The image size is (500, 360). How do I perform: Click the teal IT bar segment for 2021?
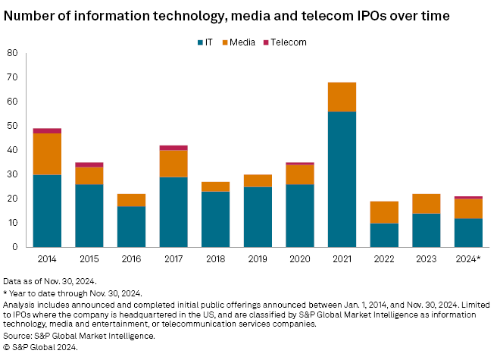pos(342,179)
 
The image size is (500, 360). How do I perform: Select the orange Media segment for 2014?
pos(47,154)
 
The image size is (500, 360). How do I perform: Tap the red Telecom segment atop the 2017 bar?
pos(173,148)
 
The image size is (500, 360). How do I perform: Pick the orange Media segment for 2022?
pos(383,211)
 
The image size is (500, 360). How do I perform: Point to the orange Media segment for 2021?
pos(342,97)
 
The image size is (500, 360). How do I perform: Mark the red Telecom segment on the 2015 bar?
pos(89,164)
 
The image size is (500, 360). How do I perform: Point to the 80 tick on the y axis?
pos(13,53)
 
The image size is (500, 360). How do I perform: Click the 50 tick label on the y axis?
pos(13,126)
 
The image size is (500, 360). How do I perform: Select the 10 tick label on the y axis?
pos(13,223)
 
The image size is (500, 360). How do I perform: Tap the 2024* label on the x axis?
pos(468,258)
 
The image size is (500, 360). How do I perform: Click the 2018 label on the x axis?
pos(215,258)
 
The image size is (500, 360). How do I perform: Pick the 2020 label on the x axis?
pos(299,258)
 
